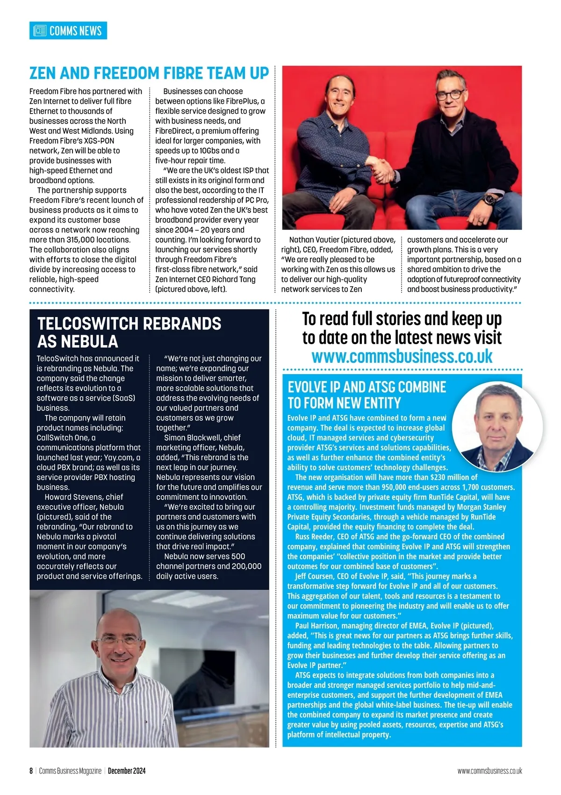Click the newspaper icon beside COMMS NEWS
coord(40,31)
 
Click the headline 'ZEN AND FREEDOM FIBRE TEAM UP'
coord(149,73)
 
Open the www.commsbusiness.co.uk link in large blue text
coord(402,356)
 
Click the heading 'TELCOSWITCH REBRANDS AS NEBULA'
coord(129,332)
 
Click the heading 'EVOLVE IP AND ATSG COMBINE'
coord(367,387)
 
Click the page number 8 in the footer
coord(31,771)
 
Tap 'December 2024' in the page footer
coord(127,771)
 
